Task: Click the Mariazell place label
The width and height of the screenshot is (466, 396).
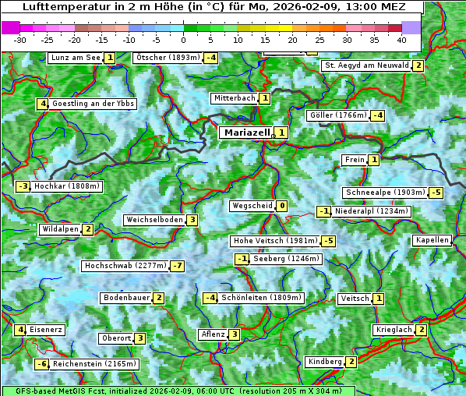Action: [x=245, y=133]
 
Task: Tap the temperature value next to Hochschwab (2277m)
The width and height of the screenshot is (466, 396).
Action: [x=178, y=266]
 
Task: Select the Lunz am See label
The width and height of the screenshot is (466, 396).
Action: [x=75, y=58]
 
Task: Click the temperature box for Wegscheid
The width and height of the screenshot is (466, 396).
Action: [x=281, y=206]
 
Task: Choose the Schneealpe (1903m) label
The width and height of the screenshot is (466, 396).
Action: [x=386, y=193]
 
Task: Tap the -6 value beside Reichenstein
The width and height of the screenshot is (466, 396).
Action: [x=42, y=364]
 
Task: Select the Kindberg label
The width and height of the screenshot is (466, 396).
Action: [x=325, y=362]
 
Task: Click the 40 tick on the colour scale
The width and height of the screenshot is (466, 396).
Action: [x=401, y=39]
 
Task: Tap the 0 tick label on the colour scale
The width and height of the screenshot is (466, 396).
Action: [x=183, y=39]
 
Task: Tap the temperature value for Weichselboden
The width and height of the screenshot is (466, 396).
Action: [x=192, y=220]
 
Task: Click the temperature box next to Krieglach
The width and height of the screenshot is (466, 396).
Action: [x=422, y=330]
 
